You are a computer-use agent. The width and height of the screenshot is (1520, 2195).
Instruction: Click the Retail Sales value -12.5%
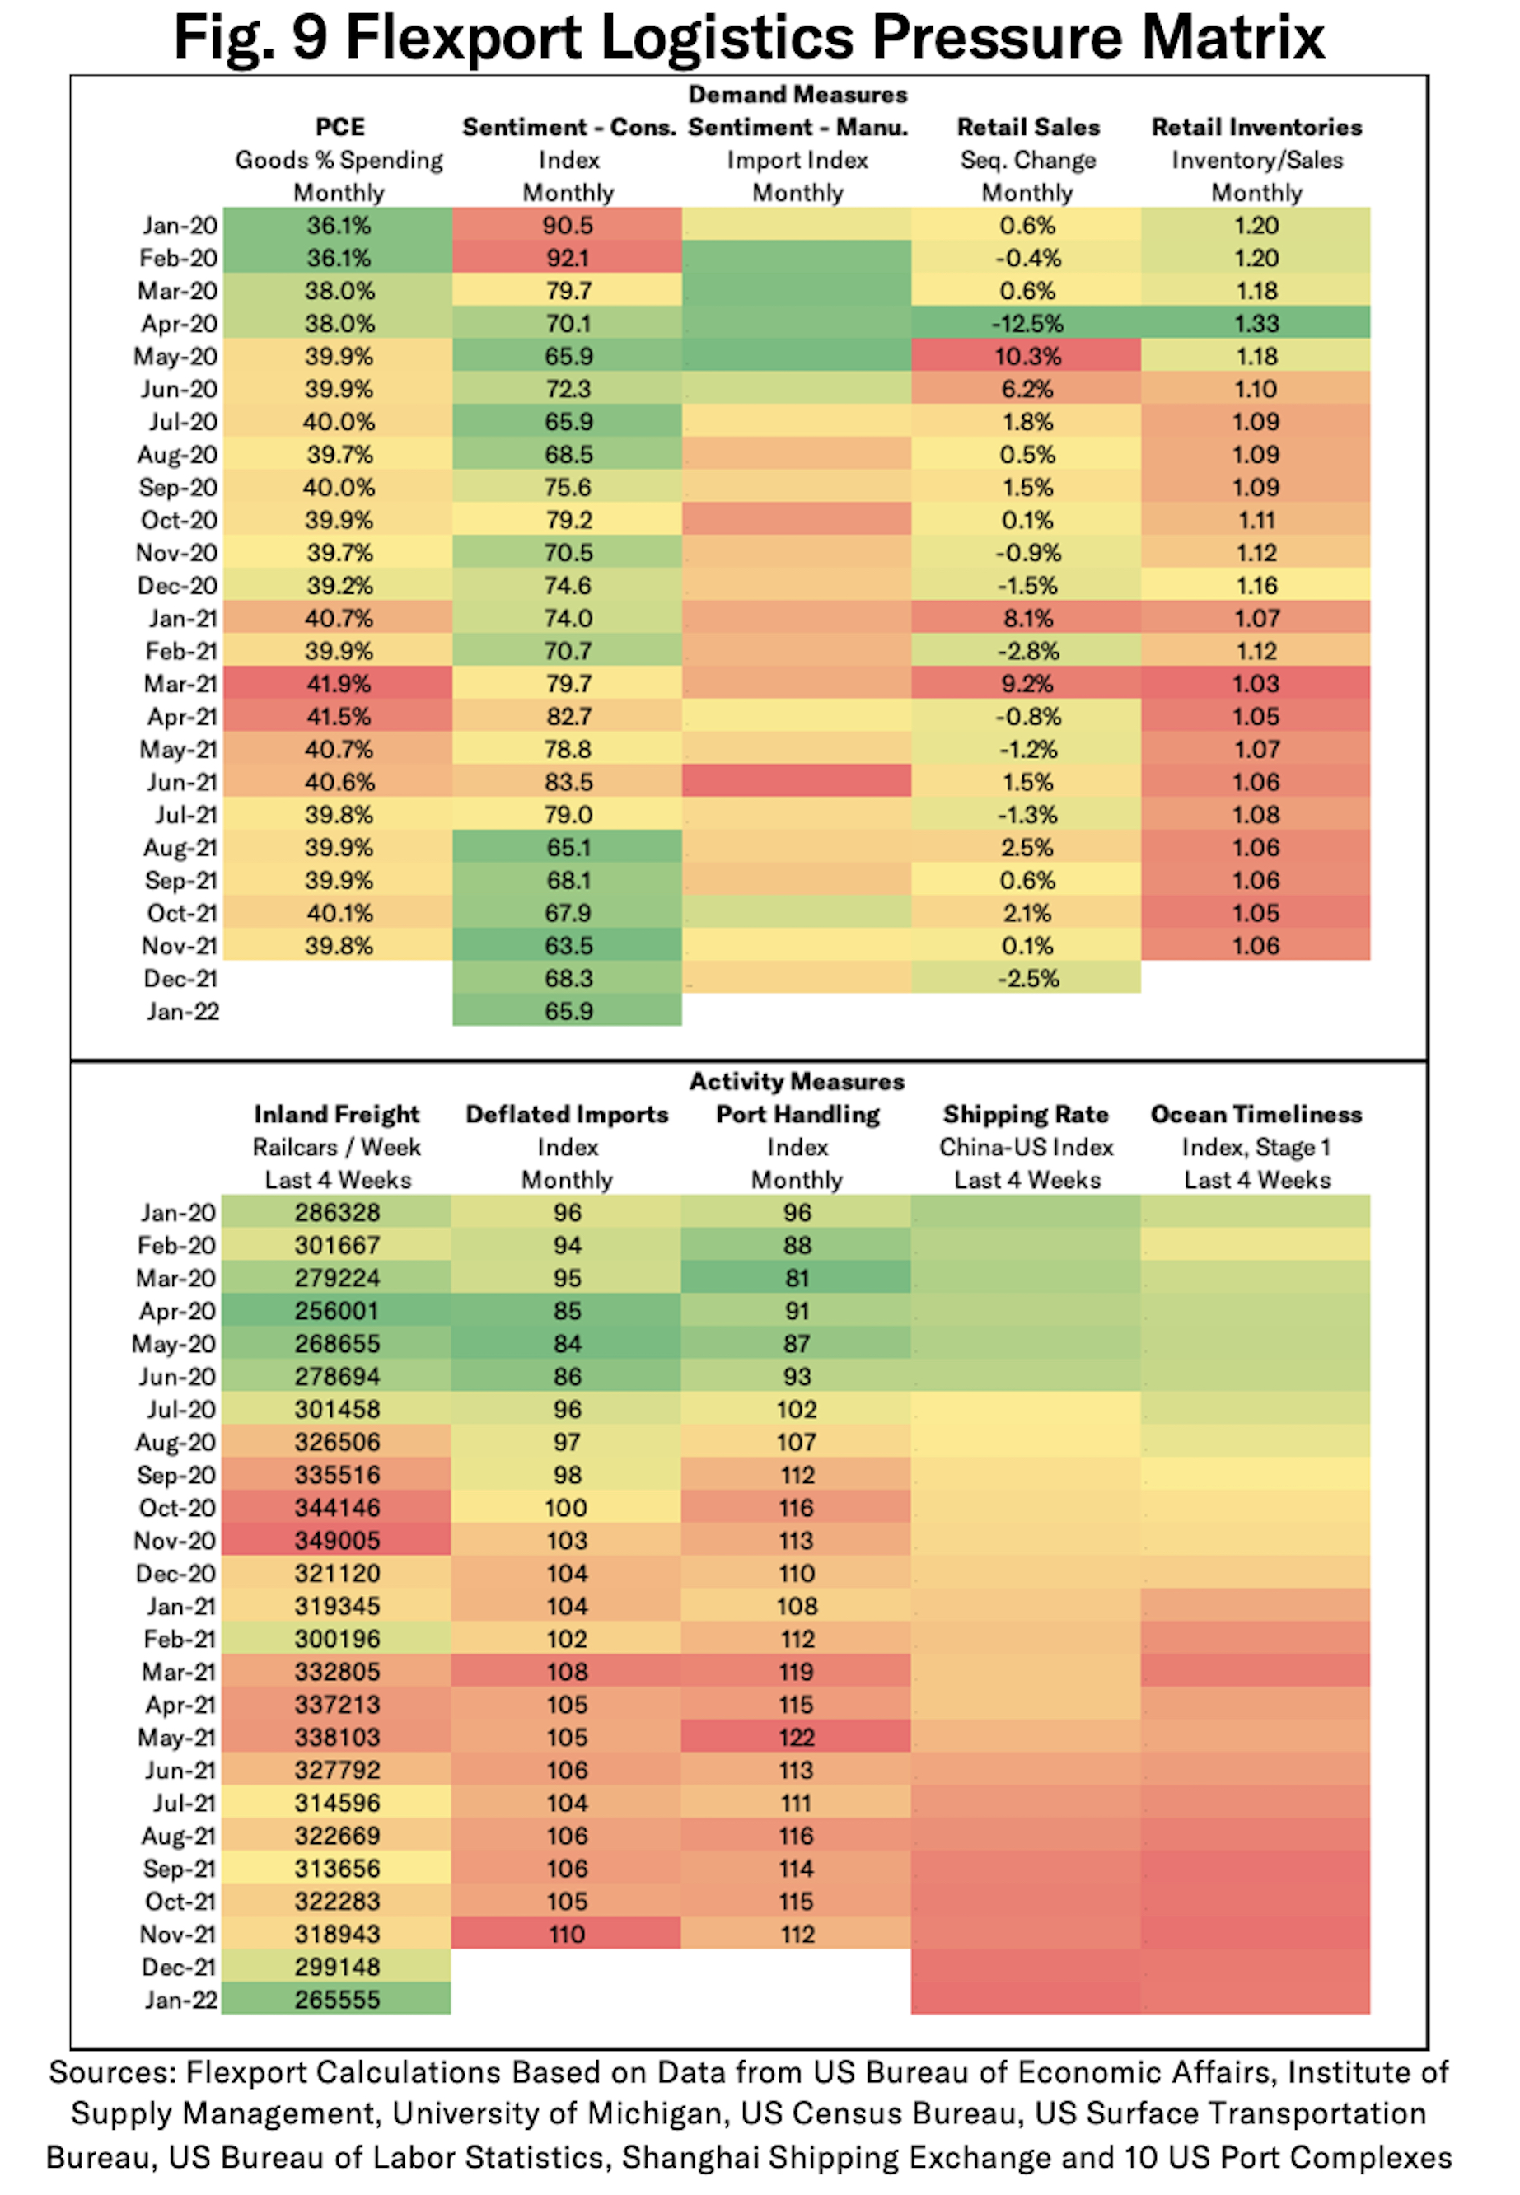pyautogui.click(x=1027, y=324)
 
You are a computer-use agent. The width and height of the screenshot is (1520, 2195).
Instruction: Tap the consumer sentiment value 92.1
pyautogui.click(x=568, y=258)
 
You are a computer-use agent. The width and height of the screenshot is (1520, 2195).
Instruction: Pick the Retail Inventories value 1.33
pyautogui.click(x=1256, y=324)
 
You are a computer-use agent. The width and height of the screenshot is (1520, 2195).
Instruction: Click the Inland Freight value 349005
pyautogui.click(x=337, y=1540)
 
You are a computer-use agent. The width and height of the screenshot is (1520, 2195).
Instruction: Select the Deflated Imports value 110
pyautogui.click(x=567, y=1934)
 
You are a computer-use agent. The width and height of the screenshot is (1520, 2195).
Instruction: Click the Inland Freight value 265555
pyautogui.click(x=337, y=2000)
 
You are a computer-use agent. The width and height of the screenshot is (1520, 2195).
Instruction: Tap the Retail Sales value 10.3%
pyautogui.click(x=1027, y=356)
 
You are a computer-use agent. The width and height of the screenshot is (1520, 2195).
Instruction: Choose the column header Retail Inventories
pyautogui.click(x=1256, y=127)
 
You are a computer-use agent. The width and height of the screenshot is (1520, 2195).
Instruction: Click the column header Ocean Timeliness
pyautogui.click(x=1256, y=1114)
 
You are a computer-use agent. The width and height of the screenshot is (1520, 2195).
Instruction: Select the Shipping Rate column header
pyautogui.click(x=1026, y=1114)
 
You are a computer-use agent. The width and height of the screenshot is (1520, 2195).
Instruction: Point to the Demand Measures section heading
pyautogui.click(x=797, y=94)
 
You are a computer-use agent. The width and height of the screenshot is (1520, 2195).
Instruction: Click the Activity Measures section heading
pyautogui.click(x=797, y=1082)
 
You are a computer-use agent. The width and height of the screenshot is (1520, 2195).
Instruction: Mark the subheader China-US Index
pyautogui.click(x=1026, y=1148)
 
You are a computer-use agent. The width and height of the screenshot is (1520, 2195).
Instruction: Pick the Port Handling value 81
pyautogui.click(x=797, y=1278)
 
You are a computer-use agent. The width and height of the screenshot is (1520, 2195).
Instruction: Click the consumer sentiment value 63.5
pyautogui.click(x=568, y=946)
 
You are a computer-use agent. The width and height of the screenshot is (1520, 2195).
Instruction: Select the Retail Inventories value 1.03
pyautogui.click(x=1256, y=684)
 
